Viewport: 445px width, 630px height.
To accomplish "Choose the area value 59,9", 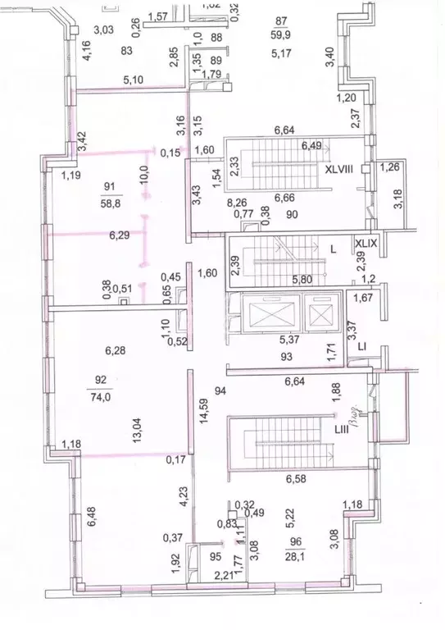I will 282,34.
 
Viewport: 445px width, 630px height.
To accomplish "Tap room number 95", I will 216,555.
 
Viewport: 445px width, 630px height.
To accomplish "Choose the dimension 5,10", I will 134,80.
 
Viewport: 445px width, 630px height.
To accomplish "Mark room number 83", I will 126,51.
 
